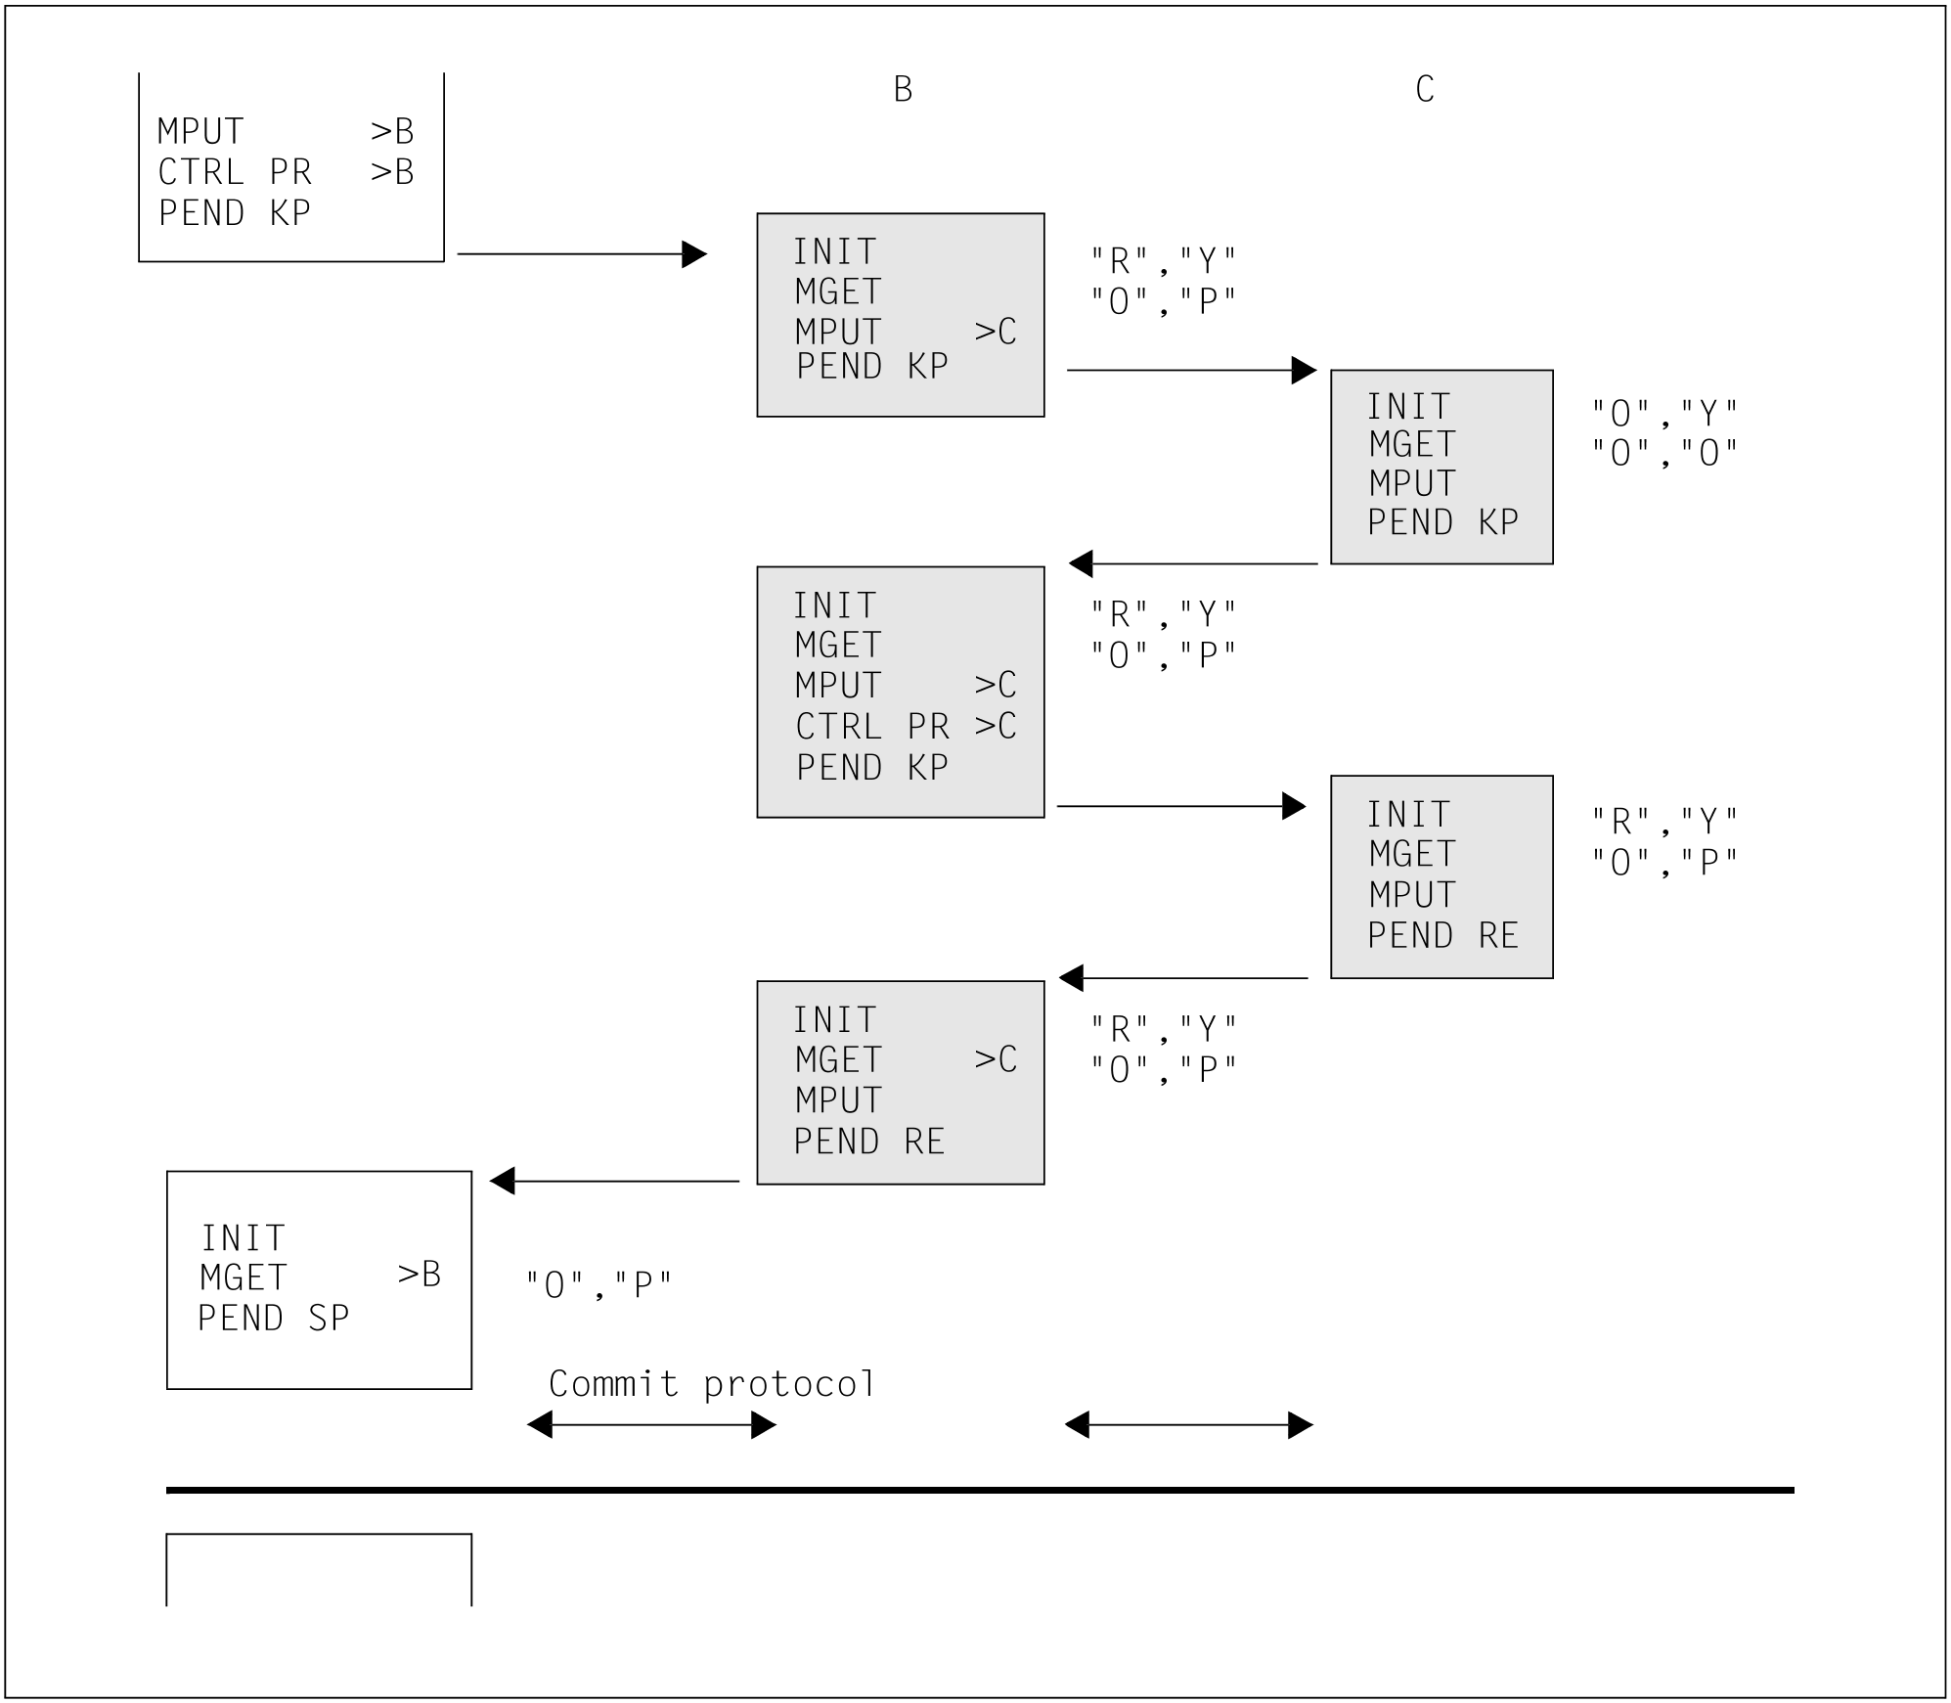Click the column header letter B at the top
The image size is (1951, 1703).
(x=903, y=90)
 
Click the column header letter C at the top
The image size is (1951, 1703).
(x=1425, y=90)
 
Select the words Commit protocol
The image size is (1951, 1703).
(x=712, y=1383)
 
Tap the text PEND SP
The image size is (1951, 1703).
(x=274, y=1319)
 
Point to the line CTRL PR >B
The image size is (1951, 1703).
(x=286, y=172)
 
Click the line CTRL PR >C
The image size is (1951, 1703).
(x=906, y=726)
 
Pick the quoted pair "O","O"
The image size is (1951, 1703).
(x=1664, y=453)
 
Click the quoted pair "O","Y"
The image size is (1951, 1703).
(x=1664, y=414)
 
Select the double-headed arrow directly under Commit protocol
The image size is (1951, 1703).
(x=651, y=1425)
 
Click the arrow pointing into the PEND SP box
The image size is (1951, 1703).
(x=614, y=1182)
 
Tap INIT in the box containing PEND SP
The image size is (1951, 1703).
(x=244, y=1238)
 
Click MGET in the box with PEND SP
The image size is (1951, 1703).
(x=244, y=1277)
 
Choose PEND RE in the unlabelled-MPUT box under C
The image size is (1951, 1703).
(x=1442, y=936)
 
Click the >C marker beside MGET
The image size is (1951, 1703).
(x=996, y=1059)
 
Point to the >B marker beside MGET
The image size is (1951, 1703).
(x=420, y=1274)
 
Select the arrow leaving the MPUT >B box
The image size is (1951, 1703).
(x=582, y=254)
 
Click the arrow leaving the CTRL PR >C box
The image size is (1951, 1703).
(x=1181, y=806)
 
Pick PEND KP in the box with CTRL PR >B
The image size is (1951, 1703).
(x=235, y=213)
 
